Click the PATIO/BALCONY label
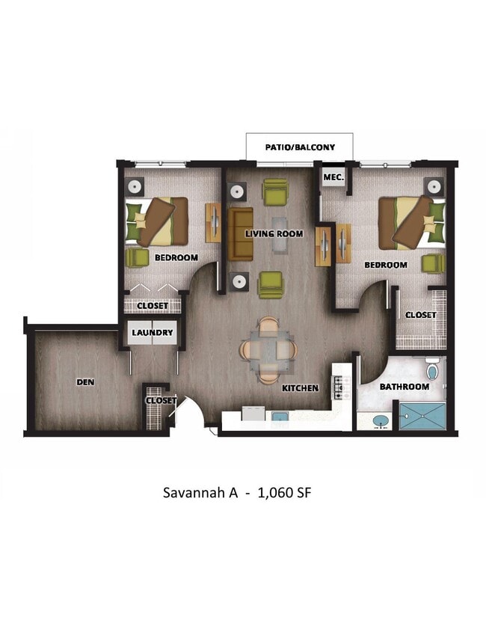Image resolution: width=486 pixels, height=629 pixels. [300, 147]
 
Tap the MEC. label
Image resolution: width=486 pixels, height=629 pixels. [333, 177]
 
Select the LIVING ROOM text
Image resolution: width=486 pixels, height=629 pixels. [274, 233]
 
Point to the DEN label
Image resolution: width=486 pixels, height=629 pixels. [85, 381]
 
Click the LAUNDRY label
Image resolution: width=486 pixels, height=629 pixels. [153, 332]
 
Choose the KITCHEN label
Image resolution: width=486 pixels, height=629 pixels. [301, 388]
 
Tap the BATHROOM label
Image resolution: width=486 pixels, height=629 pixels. [404, 387]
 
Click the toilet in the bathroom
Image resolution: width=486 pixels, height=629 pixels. [432, 370]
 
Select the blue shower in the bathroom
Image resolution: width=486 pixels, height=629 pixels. [422, 417]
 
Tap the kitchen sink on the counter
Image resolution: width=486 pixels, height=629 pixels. [279, 417]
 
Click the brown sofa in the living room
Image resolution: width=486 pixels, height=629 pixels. [241, 234]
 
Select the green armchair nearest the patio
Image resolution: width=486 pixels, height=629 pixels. [274, 192]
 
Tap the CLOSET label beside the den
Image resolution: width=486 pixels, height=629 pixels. [160, 400]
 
